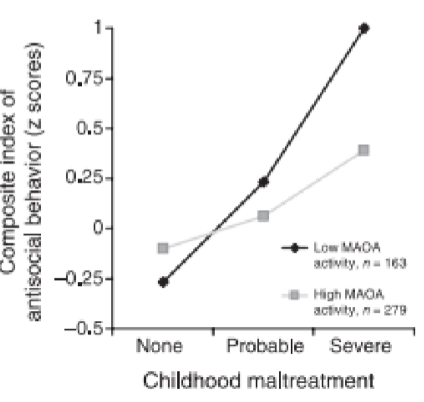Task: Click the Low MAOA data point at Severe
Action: point(364,28)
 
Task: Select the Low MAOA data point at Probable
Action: point(263,182)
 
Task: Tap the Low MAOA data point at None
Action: point(163,282)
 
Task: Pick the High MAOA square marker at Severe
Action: point(364,150)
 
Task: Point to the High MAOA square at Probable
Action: point(263,216)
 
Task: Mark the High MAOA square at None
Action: point(163,248)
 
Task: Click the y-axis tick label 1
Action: point(98,28)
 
